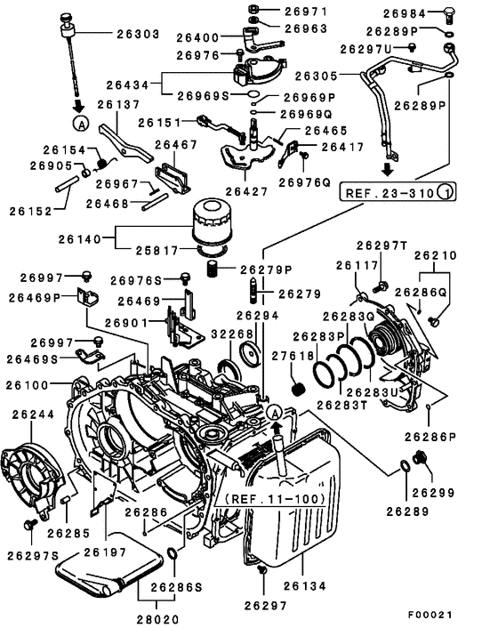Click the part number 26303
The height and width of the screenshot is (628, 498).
[138, 34]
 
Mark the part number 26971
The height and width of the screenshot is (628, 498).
[306, 12]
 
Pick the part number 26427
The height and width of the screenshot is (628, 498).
[247, 190]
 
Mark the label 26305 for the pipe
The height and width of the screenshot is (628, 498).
[317, 76]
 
